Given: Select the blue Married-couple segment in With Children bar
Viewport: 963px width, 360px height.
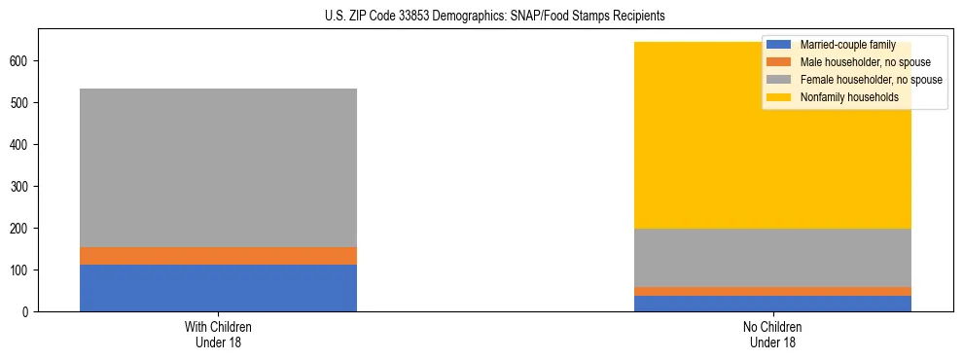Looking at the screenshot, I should (218, 288).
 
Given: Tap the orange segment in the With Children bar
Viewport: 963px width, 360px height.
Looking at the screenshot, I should (218, 256).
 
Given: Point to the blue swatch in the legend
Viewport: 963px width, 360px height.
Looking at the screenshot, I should (779, 45).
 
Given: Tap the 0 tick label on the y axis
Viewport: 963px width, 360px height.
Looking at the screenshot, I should (28, 311).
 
